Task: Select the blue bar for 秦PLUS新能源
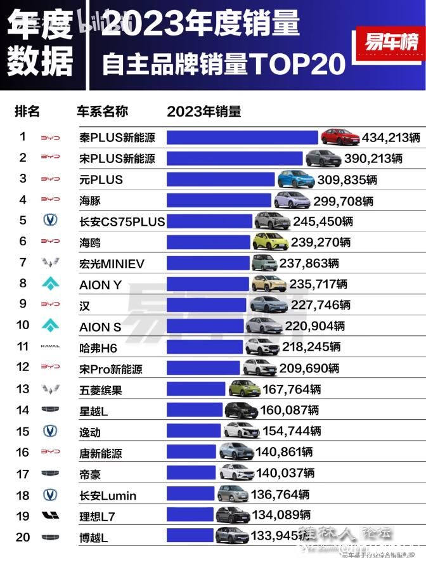(242, 137)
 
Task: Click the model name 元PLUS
(101, 179)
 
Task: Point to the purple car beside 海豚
(292, 200)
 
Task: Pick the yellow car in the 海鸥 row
(270, 242)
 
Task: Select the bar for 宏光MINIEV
(208, 263)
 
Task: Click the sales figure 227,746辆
(321, 305)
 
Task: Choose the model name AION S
(100, 327)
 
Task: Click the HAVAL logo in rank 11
(50, 347)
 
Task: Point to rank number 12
(23, 368)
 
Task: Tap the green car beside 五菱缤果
(245, 389)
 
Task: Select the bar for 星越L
(195, 410)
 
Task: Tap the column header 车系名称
(102, 112)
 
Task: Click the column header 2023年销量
(203, 112)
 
